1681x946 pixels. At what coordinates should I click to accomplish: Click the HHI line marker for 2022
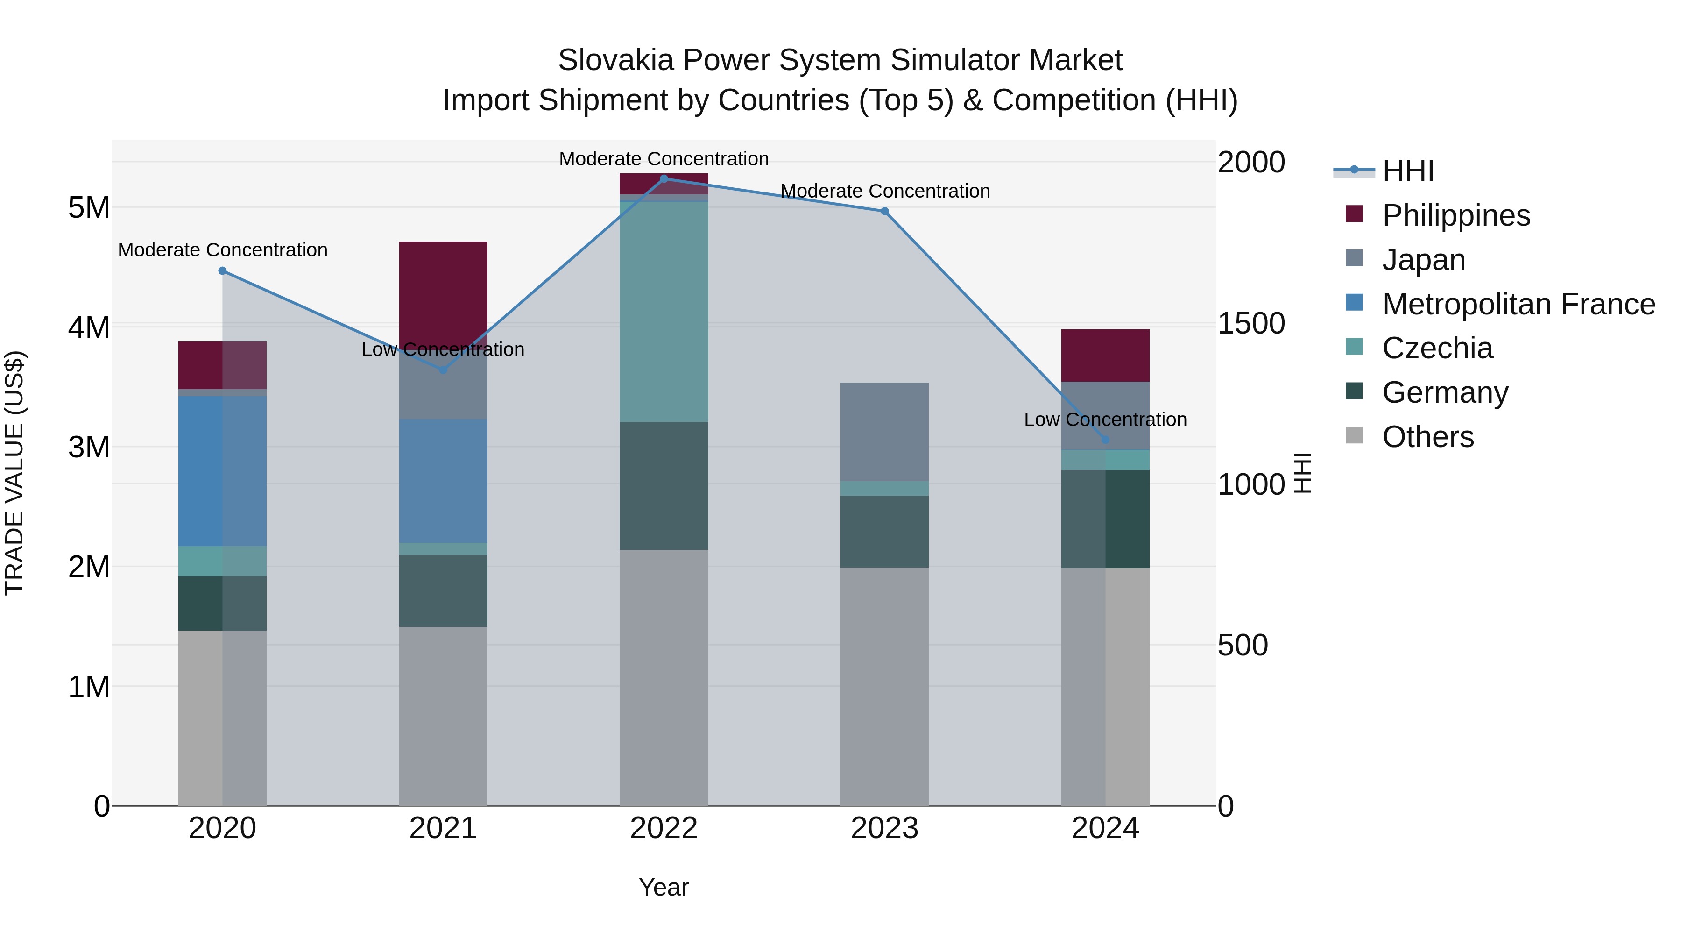point(664,178)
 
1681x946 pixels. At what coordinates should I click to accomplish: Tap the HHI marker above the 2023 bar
point(884,211)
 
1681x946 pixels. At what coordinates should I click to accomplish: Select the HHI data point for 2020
point(223,270)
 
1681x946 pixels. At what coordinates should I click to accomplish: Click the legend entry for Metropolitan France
point(1518,304)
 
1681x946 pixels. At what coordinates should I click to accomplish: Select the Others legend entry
point(1428,437)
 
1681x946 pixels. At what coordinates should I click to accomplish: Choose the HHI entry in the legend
point(1407,171)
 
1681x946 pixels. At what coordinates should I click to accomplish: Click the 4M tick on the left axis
point(89,327)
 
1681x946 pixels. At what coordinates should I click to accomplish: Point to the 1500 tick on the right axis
point(1250,323)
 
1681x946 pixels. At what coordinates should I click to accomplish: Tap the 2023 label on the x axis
point(884,828)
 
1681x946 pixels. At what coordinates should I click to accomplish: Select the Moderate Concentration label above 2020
point(223,250)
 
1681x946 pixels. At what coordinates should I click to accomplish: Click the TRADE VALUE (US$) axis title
point(14,473)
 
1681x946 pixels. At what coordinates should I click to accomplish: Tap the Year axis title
point(664,887)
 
